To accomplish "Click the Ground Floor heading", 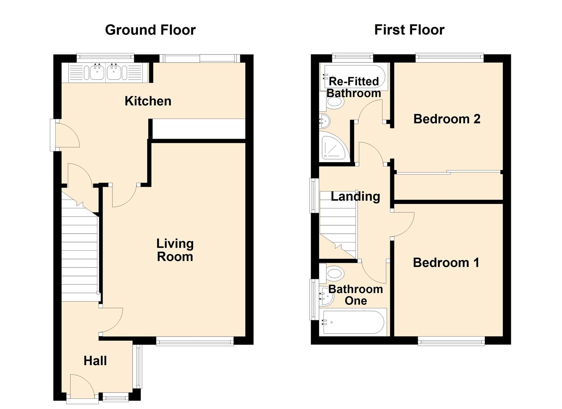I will coord(150,30).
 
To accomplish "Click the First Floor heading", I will coord(409,30).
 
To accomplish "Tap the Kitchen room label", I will coord(148,101).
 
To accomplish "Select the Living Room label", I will coord(175,250).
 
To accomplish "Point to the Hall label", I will coord(95,361).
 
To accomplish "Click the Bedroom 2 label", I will coord(447,119).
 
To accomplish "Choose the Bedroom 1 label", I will coord(446,262).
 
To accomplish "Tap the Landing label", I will coord(355,196).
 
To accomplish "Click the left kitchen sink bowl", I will coord(97,72).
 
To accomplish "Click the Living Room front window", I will coord(195,342).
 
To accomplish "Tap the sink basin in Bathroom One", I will coord(326,297).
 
